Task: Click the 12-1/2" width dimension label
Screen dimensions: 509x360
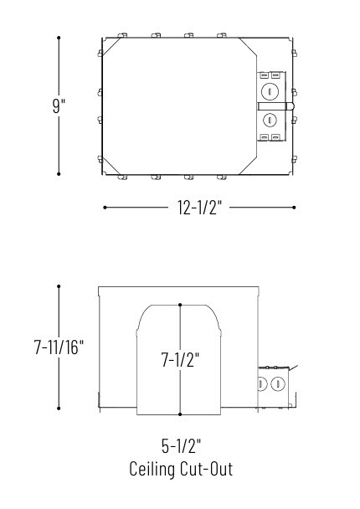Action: pos(198,208)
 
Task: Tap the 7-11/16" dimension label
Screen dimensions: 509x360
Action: pos(59,347)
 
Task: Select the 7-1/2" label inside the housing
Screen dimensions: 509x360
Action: pos(180,360)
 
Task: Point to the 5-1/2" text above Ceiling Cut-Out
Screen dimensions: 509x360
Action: pos(181,445)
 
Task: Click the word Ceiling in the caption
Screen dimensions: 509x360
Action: pos(156,469)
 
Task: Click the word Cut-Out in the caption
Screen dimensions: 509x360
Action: pos(209,469)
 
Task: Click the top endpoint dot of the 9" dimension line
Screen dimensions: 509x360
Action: pos(59,38)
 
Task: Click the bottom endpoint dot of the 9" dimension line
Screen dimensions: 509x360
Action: pos(59,174)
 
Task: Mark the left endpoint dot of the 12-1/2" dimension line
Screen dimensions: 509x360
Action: pos(104,208)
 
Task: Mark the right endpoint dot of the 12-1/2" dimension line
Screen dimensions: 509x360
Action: pos(294,208)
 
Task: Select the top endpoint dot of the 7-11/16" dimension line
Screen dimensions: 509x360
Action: pos(59,286)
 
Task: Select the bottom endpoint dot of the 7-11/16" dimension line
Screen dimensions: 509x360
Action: pos(59,409)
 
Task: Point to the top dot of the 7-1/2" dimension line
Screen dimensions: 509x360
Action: pos(180,306)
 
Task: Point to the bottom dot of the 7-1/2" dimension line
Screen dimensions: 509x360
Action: pos(180,414)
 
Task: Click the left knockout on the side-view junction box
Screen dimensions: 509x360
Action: pos(262,384)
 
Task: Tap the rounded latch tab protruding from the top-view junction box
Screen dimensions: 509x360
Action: pos(290,105)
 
